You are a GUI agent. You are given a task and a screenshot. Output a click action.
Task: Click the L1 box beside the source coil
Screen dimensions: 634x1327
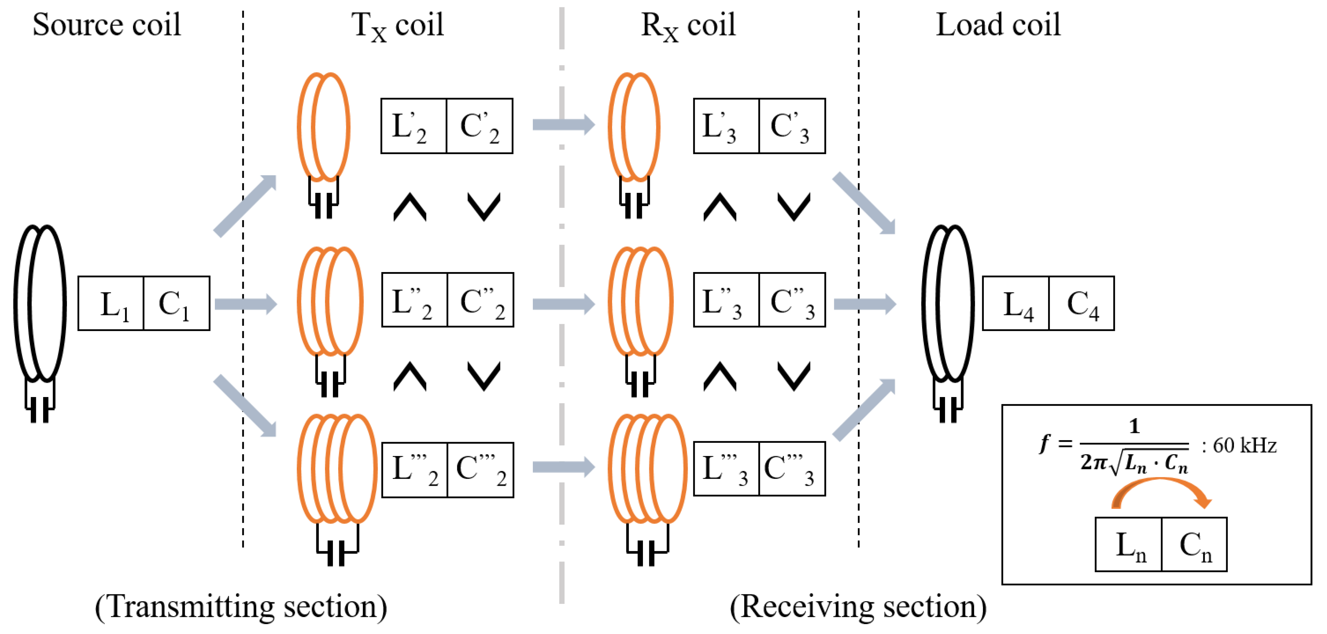pyautogui.click(x=111, y=303)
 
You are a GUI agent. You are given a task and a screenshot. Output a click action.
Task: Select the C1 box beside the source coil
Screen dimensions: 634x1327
pyautogui.click(x=176, y=303)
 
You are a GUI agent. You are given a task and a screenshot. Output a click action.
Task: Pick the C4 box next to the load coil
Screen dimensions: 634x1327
pyautogui.click(x=1081, y=303)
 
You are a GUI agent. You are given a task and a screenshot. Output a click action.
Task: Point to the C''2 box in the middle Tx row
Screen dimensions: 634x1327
pyautogui.click(x=480, y=300)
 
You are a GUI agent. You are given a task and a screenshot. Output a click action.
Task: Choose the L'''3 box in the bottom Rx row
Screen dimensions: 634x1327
pyautogui.click(x=726, y=469)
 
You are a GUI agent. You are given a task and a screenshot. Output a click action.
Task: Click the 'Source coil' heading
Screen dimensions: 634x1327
pyautogui.click(x=107, y=25)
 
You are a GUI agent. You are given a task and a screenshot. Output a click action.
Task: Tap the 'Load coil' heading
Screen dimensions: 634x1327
pyautogui.click(x=998, y=25)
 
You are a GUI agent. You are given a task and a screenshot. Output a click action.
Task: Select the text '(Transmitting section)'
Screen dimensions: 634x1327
pyautogui.click(x=241, y=606)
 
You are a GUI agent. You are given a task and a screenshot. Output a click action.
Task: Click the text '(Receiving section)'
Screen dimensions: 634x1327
pyautogui.click(x=858, y=606)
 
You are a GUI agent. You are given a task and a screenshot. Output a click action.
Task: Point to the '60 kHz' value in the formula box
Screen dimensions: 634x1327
pyautogui.click(x=1244, y=445)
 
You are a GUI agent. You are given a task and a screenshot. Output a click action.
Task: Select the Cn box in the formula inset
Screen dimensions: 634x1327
pyautogui.click(x=1194, y=545)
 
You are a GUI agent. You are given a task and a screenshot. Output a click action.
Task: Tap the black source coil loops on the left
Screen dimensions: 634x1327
pyautogui.click(x=40, y=304)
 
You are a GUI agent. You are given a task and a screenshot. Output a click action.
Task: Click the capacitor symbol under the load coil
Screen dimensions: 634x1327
pyautogui.click(x=948, y=412)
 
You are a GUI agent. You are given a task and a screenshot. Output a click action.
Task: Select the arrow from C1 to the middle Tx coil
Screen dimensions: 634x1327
pyautogui.click(x=245, y=304)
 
